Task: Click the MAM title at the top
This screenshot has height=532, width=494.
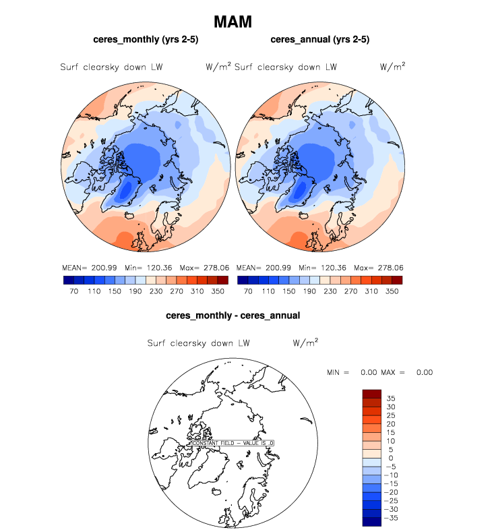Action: [x=233, y=22]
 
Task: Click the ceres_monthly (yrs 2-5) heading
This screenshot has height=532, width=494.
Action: [x=145, y=40]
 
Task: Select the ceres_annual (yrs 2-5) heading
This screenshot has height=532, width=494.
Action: [x=319, y=40]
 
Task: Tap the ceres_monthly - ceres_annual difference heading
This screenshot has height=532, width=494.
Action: [x=233, y=315]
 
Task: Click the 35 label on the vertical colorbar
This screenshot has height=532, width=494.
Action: [x=391, y=398]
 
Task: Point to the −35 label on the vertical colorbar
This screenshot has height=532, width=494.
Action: [x=391, y=519]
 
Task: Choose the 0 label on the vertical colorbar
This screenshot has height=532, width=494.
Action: [x=391, y=459]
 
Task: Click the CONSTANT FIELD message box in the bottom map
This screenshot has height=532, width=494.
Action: [x=232, y=443]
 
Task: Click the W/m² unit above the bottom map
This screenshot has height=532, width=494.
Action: [x=305, y=343]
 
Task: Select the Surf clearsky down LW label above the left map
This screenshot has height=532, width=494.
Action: [x=111, y=67]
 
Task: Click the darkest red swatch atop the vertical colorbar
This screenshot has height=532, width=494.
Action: [x=373, y=394]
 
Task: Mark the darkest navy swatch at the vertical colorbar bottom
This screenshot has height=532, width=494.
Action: [x=373, y=522]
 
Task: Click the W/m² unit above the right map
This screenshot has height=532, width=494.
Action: [x=393, y=67]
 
